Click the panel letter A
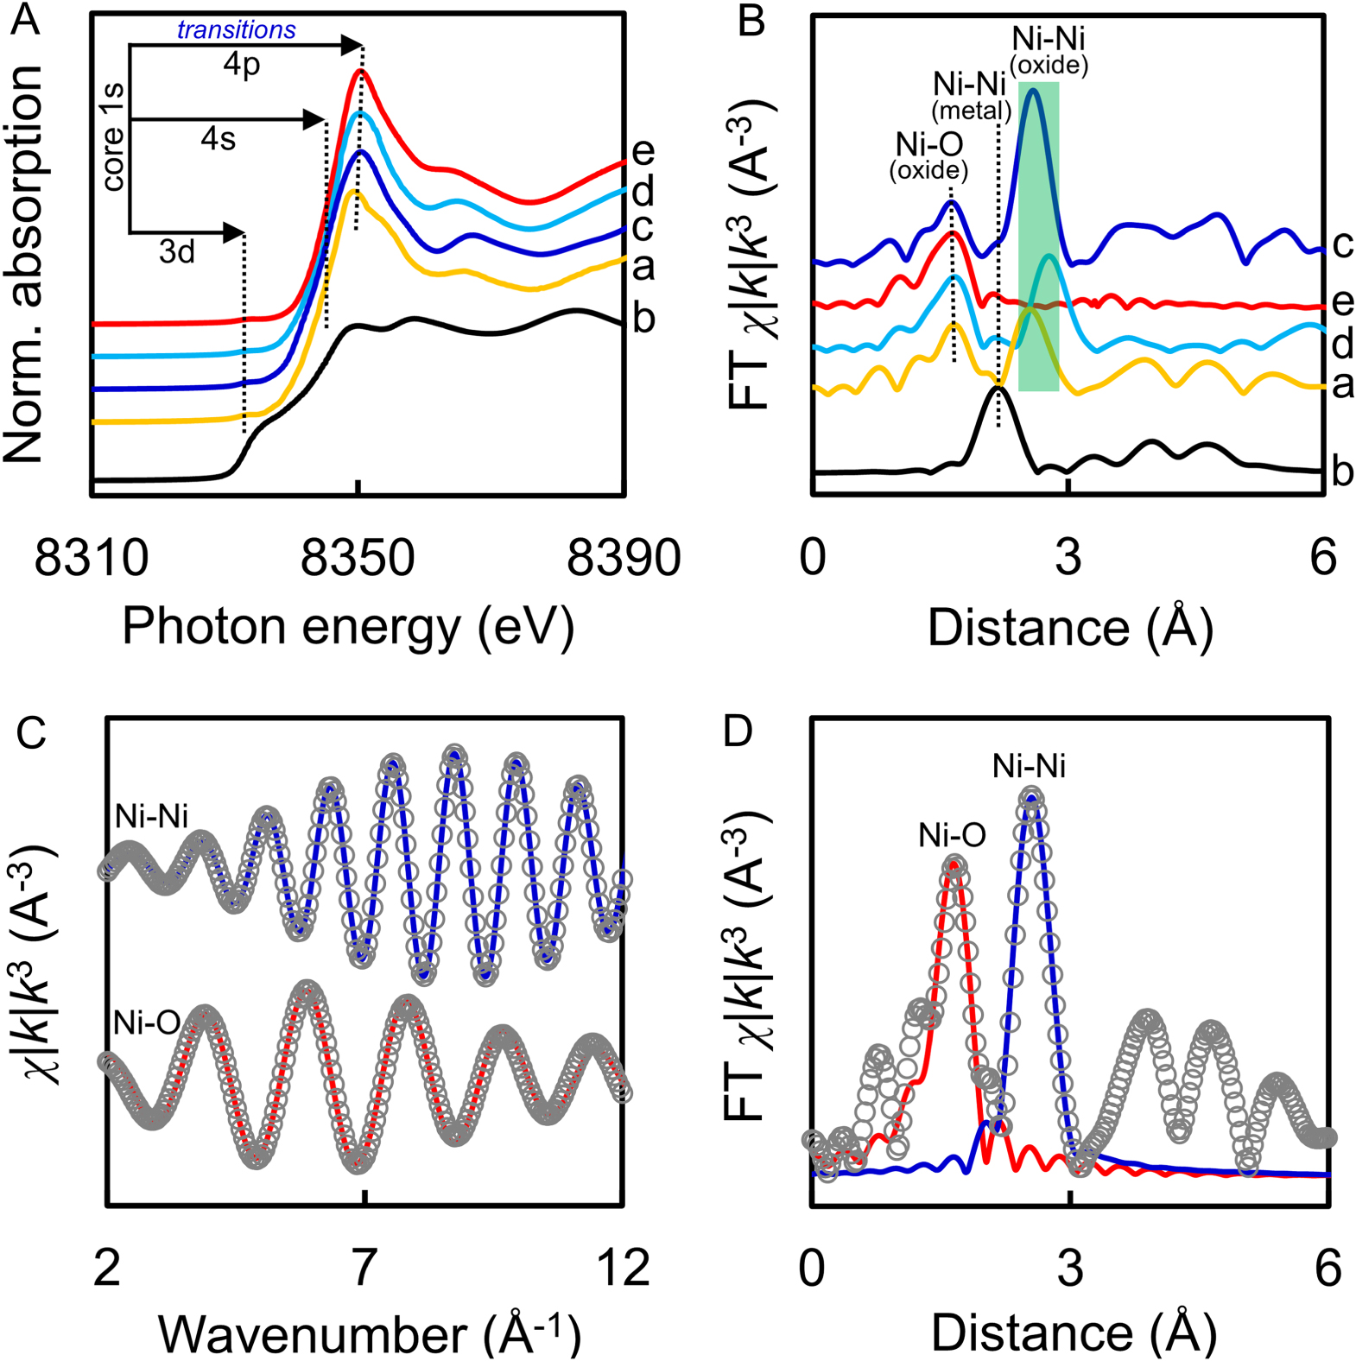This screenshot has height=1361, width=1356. point(26,19)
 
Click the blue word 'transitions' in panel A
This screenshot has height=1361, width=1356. point(236,30)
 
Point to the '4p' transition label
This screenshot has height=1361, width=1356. point(242,65)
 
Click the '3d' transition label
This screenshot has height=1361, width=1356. point(177,252)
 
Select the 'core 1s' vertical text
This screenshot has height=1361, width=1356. point(112,138)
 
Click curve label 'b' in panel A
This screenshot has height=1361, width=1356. point(643,319)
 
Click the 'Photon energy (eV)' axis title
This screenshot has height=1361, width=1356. point(348,626)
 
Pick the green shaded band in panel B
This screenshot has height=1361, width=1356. point(1038,259)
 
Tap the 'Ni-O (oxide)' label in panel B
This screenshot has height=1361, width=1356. point(928,155)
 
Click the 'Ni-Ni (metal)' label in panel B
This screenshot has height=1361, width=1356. point(970,95)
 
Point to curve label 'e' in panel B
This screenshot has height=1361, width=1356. point(1342,301)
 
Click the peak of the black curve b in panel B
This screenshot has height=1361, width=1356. point(998,389)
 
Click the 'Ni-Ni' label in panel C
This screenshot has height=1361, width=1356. point(152,816)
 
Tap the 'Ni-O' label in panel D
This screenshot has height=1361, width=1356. point(952,835)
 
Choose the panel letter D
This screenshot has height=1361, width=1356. point(738,731)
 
